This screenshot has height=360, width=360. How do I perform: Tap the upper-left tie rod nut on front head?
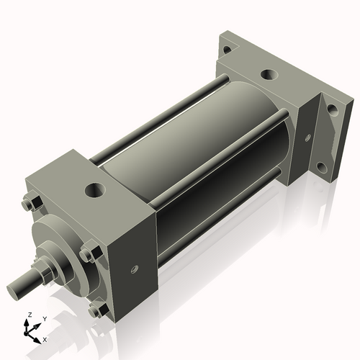[30, 204]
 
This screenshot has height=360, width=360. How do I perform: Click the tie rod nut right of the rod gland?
[89, 253]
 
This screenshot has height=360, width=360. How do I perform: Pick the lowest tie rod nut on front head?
[97, 310]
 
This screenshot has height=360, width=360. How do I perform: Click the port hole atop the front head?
[94, 191]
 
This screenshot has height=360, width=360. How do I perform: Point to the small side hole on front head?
[133, 270]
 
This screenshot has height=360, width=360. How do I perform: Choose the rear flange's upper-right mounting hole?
[333, 110]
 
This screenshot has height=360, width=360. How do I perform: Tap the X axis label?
[45, 338]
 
